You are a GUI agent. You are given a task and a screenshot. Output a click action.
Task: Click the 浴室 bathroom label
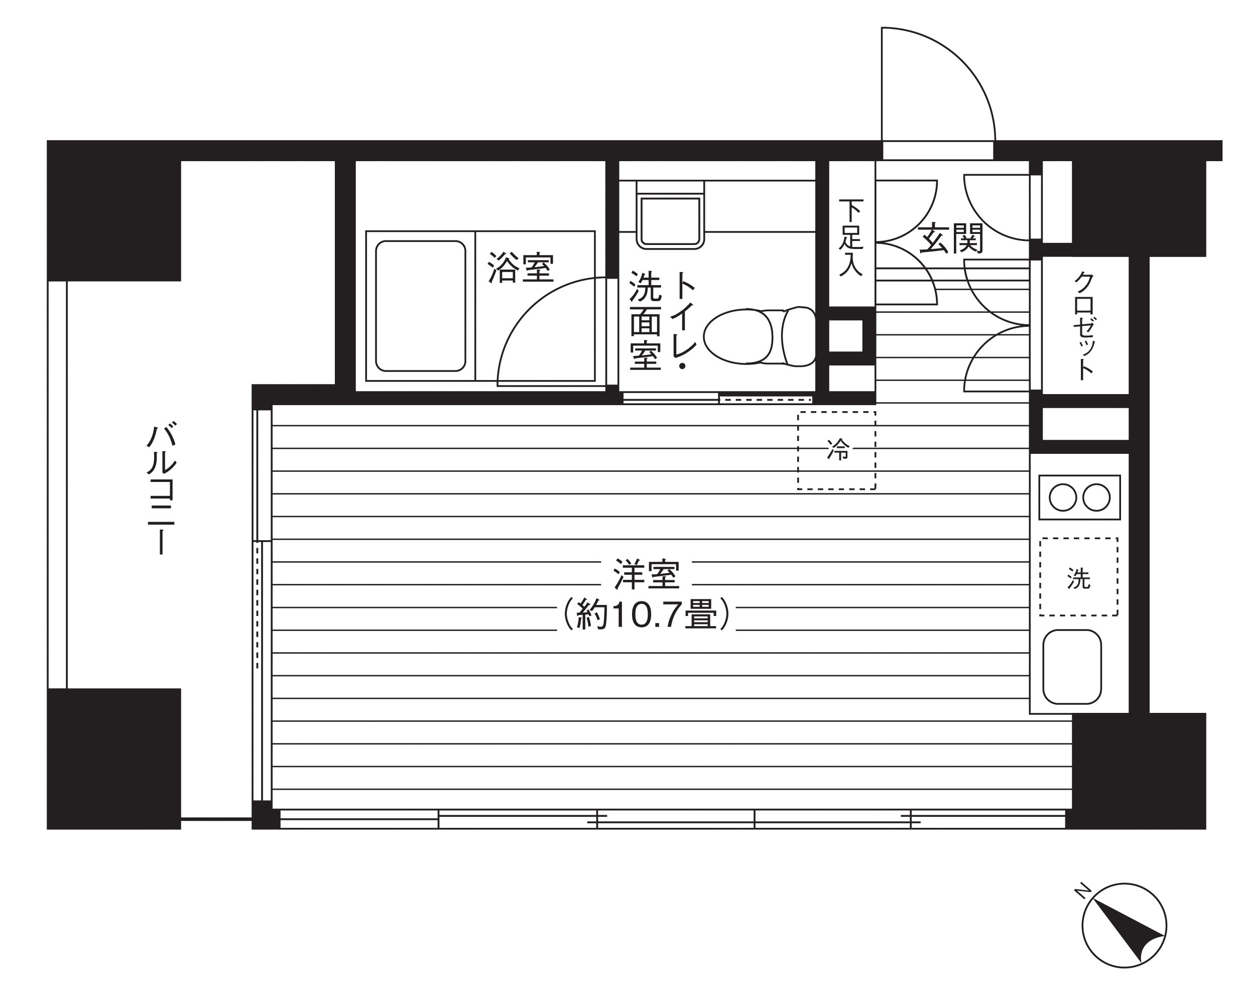(x=521, y=268)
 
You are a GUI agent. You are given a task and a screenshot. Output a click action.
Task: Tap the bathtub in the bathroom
(x=421, y=306)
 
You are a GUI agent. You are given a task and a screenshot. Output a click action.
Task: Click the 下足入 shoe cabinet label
(x=851, y=237)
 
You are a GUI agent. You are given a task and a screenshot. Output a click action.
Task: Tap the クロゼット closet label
(x=1084, y=325)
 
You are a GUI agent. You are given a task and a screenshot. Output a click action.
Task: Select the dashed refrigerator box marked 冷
(x=836, y=450)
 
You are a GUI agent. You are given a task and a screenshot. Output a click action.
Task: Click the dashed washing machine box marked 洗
(x=1079, y=577)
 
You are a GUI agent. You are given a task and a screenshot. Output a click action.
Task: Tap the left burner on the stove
(x=1063, y=498)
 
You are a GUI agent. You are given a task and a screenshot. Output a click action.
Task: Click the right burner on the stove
(x=1096, y=498)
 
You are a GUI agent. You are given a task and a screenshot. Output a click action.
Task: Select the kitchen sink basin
(x=1072, y=667)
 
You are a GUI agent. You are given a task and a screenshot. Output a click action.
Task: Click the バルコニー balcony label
(x=161, y=489)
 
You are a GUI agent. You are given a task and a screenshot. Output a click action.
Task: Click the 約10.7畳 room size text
(x=646, y=615)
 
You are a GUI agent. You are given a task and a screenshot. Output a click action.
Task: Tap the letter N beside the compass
(x=1082, y=891)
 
